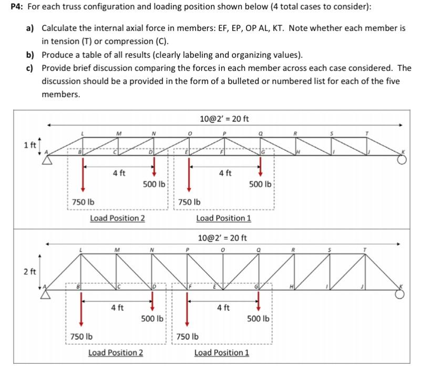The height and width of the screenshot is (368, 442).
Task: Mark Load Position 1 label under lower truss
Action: coord(222,352)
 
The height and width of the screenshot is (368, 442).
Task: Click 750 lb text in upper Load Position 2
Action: coord(83,201)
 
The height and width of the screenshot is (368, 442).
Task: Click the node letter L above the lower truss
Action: coord(80,250)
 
